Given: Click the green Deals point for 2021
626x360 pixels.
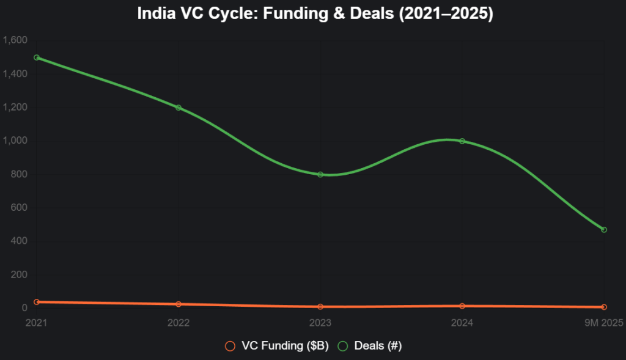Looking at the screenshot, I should (37, 57).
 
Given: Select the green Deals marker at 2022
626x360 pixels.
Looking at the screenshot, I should (179, 108).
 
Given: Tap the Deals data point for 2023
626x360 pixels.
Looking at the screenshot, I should (320, 174).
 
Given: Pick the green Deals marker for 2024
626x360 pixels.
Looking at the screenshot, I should (462, 141).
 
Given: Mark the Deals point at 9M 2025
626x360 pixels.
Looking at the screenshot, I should (604, 230).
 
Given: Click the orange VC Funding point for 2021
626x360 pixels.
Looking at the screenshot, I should (37, 302).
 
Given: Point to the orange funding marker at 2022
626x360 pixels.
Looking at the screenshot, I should (179, 304).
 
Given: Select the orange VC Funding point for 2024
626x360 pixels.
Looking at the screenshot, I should (462, 306).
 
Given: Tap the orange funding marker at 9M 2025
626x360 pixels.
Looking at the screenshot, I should (604, 307).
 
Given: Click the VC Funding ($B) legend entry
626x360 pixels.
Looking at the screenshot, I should (277, 346).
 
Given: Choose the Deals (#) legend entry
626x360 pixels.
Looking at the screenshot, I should (370, 346).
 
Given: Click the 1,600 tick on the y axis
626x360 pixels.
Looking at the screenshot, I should (15, 40).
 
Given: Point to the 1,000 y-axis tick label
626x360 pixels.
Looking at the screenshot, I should (15, 141).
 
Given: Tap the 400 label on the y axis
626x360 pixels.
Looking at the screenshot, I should (20, 241).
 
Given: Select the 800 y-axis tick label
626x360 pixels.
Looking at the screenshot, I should (20, 174).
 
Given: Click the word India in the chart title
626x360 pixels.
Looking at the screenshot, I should (154, 13).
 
